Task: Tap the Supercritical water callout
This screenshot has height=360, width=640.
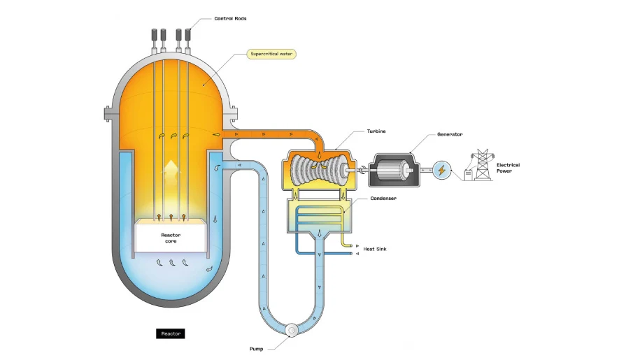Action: [272, 53]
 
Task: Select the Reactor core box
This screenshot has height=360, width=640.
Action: [171, 237]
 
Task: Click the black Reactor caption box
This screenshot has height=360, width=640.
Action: [171, 333]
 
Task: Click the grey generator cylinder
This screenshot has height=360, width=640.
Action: [396, 171]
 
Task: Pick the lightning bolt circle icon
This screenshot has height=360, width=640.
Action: [441, 170]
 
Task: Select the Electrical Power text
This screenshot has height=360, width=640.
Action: [508, 168]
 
